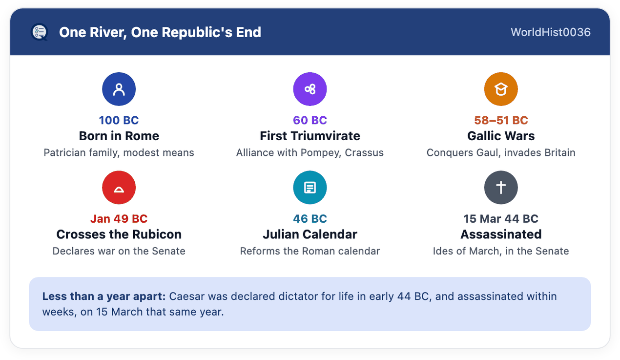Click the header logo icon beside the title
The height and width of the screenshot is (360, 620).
pos(40,32)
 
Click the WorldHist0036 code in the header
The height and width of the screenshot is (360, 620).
pos(551,32)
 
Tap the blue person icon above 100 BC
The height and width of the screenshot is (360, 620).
pos(119,89)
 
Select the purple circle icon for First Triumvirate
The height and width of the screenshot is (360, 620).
pos(310,89)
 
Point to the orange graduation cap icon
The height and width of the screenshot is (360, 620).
pos(501,89)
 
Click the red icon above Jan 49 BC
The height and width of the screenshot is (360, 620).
pos(119,188)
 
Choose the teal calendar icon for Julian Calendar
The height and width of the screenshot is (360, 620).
pos(310,188)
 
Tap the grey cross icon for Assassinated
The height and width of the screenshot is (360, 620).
pos(501,188)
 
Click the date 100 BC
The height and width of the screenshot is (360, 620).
pos(119,120)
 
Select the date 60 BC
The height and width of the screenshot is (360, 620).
pos(310,120)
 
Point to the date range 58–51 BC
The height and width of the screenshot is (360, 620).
pos(501,120)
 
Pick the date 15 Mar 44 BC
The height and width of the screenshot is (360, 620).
pos(501,219)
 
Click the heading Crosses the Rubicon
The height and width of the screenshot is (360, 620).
pos(119,234)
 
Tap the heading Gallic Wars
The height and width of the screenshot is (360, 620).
pos(501,136)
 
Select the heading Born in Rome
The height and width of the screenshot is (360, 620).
pos(119,136)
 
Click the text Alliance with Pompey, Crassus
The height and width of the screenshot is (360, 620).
pos(310,152)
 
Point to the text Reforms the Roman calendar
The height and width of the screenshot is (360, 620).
pos(310,251)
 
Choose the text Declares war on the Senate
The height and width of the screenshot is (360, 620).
pos(119,251)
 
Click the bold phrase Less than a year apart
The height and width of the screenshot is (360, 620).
pos(104,296)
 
